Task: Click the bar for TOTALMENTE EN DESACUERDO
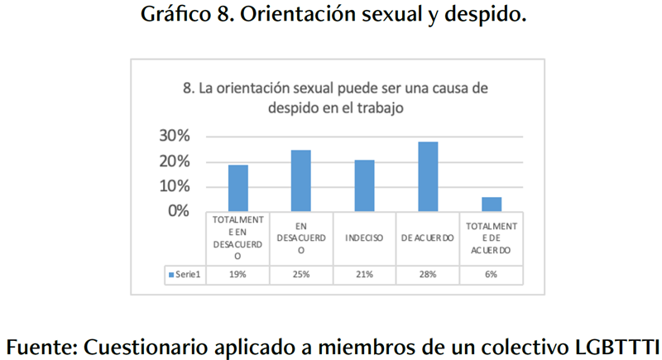click(237, 188)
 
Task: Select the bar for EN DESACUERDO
click(300, 180)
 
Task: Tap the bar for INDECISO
click(364, 185)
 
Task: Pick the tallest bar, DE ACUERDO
click(428, 176)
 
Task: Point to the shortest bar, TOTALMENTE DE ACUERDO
click(492, 204)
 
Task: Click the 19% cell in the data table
click(237, 274)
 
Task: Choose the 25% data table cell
click(301, 274)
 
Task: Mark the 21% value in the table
click(364, 274)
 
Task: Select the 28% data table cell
click(428, 274)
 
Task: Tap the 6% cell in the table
click(492, 274)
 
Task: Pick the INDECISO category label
click(364, 238)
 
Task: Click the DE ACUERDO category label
click(428, 238)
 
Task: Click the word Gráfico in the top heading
click(173, 16)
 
